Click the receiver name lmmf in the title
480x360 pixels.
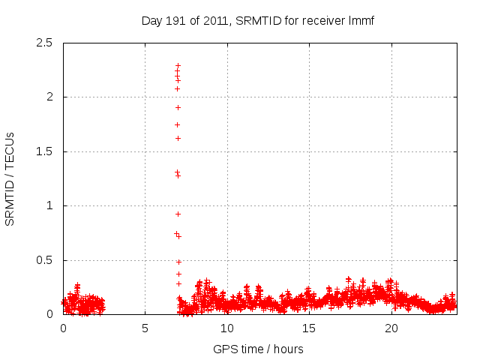pos(360,20)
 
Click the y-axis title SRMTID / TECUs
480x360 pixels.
pos(10,178)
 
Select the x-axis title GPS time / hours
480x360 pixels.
pos(258,349)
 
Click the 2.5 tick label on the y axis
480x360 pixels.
pos(46,43)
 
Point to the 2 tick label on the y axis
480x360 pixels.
pos(50,97)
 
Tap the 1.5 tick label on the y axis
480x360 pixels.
pos(46,151)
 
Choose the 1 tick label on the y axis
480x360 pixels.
pos(50,205)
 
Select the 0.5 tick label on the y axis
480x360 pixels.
pos(46,260)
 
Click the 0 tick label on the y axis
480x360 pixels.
pos(50,314)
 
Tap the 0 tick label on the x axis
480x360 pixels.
pos(63,328)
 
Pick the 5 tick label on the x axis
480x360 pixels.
pos(145,328)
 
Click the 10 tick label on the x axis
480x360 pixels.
pos(226,328)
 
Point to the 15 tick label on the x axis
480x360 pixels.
pos(309,328)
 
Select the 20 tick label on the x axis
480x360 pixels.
pos(391,328)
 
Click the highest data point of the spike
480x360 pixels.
pos(178,66)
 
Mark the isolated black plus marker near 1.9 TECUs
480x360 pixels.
pos(178,107)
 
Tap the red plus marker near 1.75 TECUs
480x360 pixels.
pos(178,124)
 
